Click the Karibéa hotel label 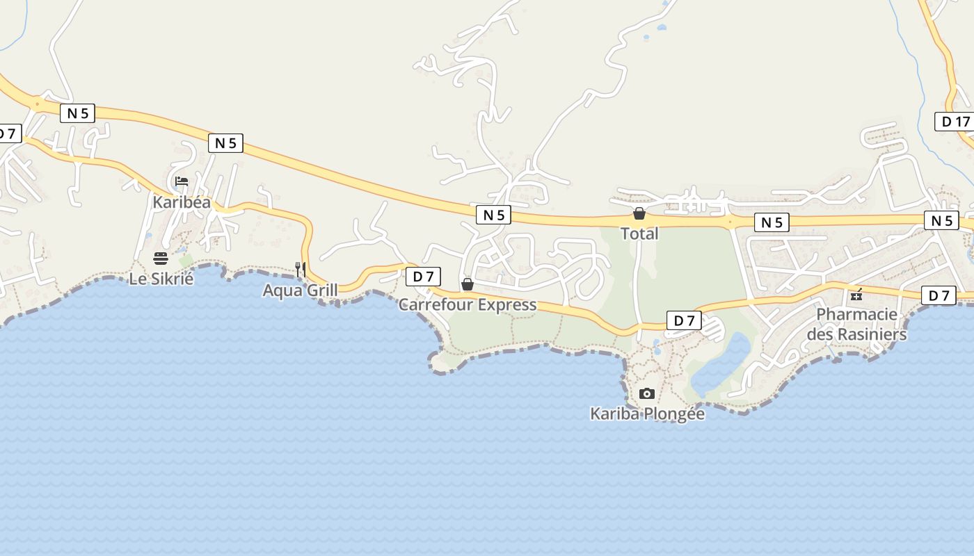[x=182, y=202]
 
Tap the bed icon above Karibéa [x=182, y=181]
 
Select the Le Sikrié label [x=161, y=279]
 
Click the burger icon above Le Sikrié [x=161, y=259]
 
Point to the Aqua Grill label [x=300, y=290]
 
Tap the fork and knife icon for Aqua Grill [x=301, y=269]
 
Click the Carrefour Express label [x=468, y=304]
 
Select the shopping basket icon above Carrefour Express [x=468, y=284]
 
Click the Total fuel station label [x=639, y=234]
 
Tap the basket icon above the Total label [x=639, y=213]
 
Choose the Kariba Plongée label [x=647, y=414]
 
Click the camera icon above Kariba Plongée [x=647, y=393]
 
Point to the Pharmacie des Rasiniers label [x=856, y=324]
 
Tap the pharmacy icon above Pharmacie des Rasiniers [x=856, y=294]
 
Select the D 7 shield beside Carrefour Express [x=423, y=277]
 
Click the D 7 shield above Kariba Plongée [x=684, y=320]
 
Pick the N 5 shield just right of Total [x=772, y=222]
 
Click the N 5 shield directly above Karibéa [x=225, y=143]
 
